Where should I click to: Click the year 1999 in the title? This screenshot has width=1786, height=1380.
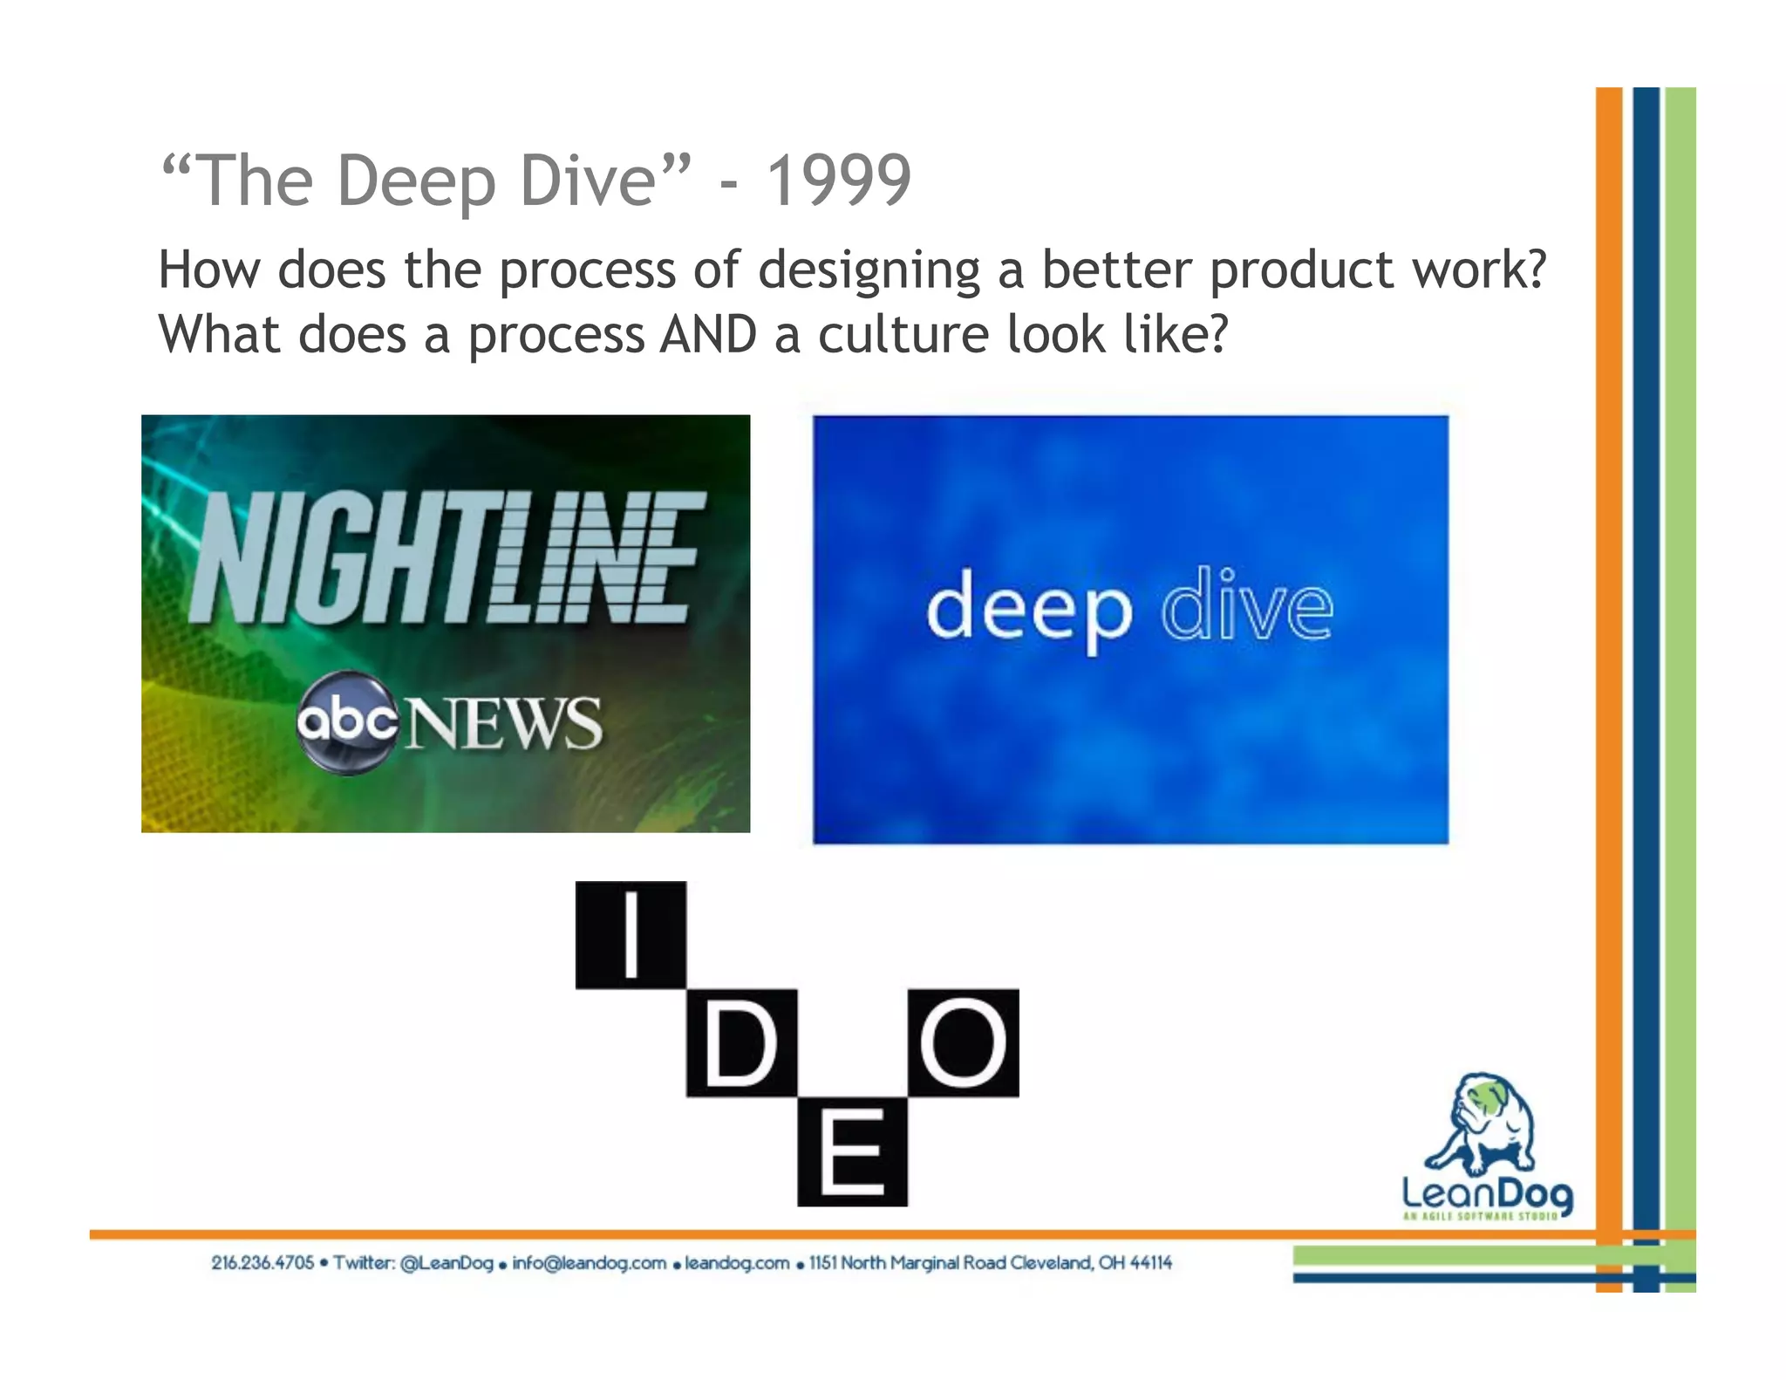pyautogui.click(x=838, y=181)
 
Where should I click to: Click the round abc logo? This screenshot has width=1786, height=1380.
pyautogui.click(x=346, y=721)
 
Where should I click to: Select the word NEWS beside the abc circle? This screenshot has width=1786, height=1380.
pyautogui.click(x=503, y=723)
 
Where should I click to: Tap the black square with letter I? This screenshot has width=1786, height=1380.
pyautogui.click(x=631, y=935)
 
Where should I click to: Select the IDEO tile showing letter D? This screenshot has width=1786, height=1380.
pyautogui.click(x=741, y=1042)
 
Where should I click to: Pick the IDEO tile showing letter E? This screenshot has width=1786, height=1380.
pyautogui.click(x=852, y=1151)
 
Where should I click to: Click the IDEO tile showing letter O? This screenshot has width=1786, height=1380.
pyautogui.click(x=963, y=1042)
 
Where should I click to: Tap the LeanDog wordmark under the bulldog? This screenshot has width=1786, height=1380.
pyautogui.click(x=1487, y=1193)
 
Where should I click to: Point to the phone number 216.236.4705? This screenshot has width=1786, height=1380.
pyautogui.click(x=262, y=1262)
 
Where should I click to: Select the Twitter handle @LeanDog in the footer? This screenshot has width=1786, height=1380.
pyautogui.click(x=446, y=1262)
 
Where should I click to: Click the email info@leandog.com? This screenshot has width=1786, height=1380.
pyautogui.click(x=590, y=1262)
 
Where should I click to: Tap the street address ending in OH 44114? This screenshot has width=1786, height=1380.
pyautogui.click(x=991, y=1262)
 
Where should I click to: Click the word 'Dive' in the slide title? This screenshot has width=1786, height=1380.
pyautogui.click(x=586, y=181)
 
